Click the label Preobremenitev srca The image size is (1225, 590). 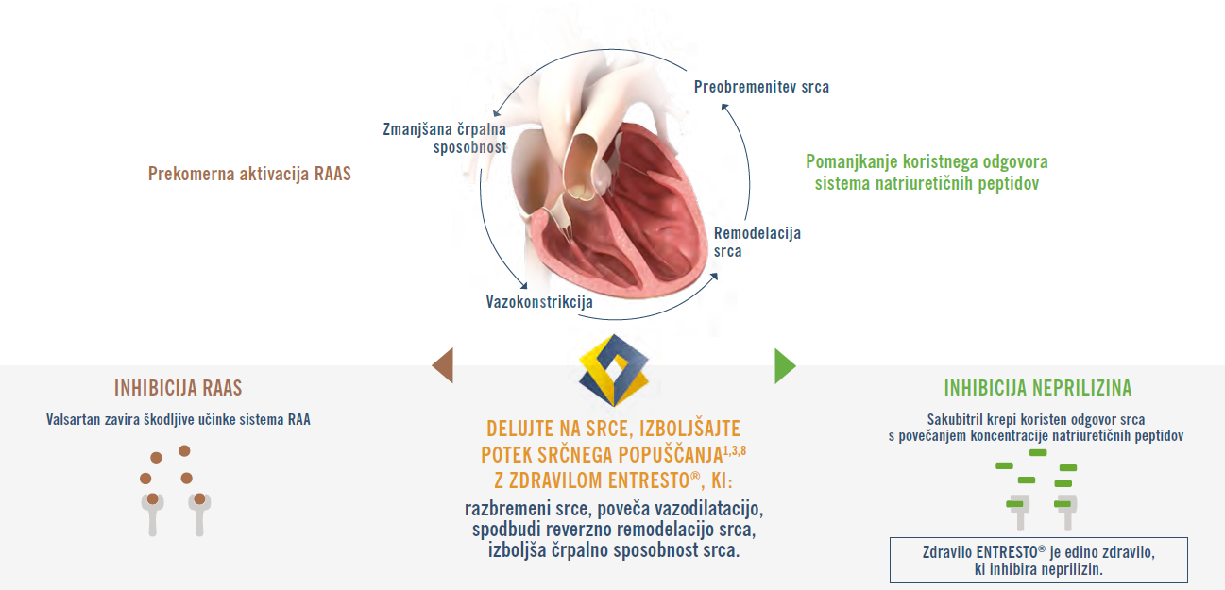coord(761,87)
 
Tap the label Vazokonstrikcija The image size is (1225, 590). coord(539,302)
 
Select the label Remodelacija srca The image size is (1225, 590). coord(757,243)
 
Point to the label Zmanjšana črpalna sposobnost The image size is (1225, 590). coord(445,139)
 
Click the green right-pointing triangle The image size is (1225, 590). coord(783,366)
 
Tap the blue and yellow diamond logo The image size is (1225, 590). coord(614,370)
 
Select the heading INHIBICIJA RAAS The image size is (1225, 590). coord(178,388)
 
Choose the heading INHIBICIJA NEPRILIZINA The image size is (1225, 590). coord(1037,388)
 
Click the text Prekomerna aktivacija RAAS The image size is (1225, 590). coord(249,174)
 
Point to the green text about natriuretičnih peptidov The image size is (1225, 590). coord(927,173)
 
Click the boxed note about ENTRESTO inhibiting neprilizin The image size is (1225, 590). coord(1039,561)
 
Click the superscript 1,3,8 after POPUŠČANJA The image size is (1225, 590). coord(735,450)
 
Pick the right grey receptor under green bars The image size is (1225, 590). coord(1067,513)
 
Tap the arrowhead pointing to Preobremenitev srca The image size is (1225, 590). coord(724,108)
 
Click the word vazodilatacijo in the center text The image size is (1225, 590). coord(709,509)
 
